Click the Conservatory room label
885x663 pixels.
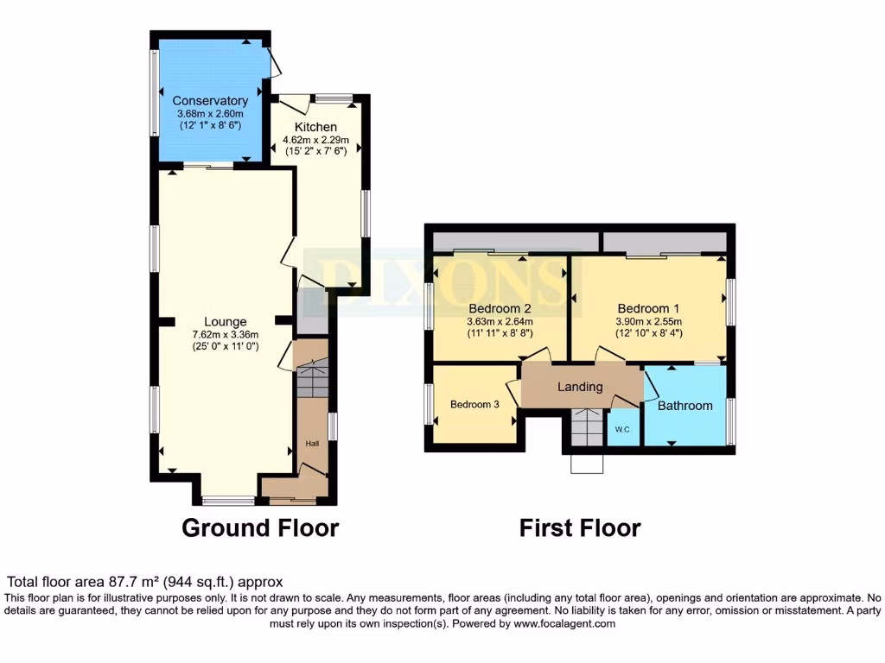coord(210,101)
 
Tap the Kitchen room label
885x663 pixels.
coord(315,127)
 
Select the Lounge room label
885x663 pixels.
coord(226,322)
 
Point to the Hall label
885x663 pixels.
coord(312,443)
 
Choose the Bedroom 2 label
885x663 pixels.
coord(500,308)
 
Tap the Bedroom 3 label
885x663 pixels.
coord(474,404)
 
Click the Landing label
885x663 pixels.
coord(580,387)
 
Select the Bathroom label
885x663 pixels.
coord(685,405)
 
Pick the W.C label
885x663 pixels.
coord(622,429)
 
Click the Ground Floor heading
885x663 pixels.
coord(260,527)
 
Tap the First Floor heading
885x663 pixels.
coord(580,527)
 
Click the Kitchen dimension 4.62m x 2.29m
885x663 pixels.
coord(316,140)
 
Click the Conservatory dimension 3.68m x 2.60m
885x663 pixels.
coord(210,113)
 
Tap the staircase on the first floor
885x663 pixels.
coord(587,426)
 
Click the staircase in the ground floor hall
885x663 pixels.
coord(312,381)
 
